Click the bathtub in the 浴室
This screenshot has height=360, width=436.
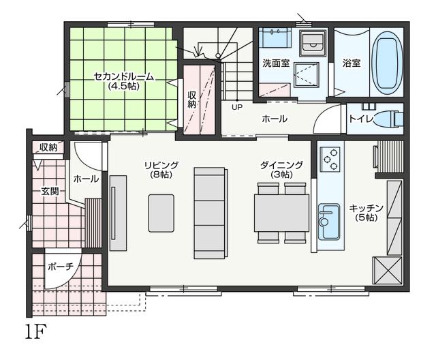387,63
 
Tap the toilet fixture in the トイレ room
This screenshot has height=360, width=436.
389,119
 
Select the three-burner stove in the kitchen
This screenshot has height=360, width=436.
330,160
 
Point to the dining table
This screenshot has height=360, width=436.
281,213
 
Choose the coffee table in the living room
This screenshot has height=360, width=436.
161,213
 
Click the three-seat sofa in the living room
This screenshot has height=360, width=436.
211,213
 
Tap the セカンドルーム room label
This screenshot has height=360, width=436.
123,76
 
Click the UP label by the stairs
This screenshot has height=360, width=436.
237,107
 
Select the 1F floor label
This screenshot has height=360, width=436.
35,331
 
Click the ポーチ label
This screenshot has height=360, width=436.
61,267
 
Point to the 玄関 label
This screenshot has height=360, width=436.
50,191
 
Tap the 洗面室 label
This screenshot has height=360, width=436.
276,63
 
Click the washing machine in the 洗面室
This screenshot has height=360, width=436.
313,43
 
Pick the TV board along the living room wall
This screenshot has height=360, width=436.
118,213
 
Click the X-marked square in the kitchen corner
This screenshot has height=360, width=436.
388,271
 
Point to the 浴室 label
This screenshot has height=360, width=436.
352,63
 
